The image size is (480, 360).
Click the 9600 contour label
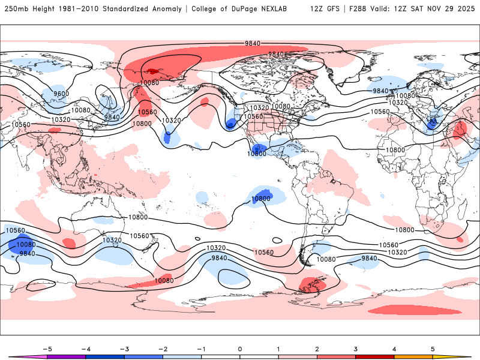click(61, 94)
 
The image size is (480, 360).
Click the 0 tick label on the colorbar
click(239, 348)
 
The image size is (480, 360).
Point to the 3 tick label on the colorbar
click(355, 348)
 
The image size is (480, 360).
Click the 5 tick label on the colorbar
click(433, 348)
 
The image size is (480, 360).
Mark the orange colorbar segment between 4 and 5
click(413, 357)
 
